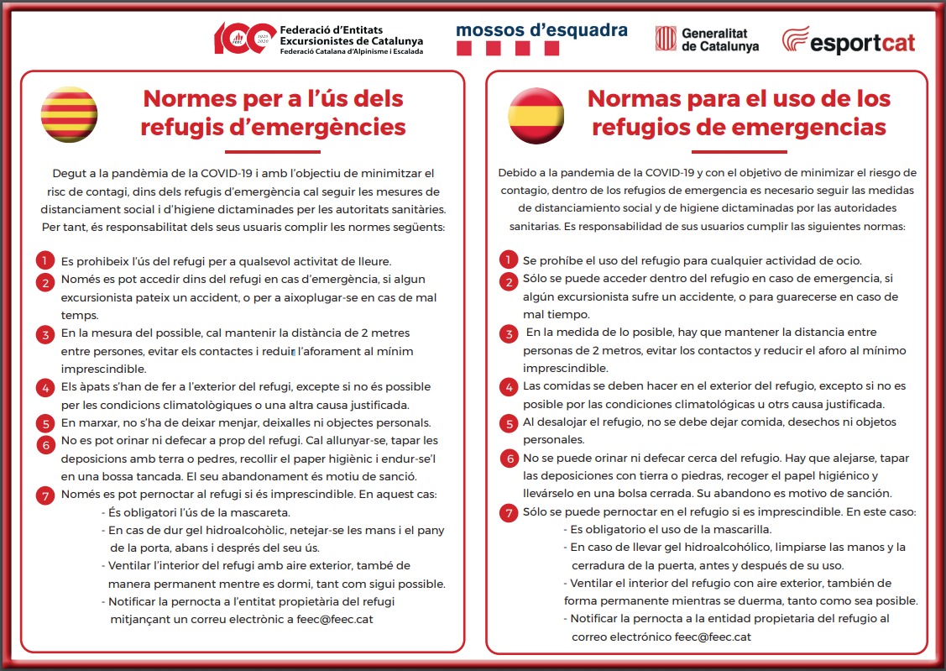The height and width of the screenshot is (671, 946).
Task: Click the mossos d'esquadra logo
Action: pos(541,39)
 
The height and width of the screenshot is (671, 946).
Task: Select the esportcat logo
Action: pos(848,40)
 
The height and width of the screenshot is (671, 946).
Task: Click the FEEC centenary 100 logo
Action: pos(244,39)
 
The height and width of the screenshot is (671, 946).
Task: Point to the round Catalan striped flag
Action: pos(70,115)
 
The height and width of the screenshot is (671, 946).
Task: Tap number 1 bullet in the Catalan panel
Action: pos(45,260)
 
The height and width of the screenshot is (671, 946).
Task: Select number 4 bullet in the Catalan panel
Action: pos(45,387)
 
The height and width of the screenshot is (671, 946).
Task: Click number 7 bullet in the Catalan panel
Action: pos(45,495)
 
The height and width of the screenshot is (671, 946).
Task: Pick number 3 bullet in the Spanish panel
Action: pos(508,334)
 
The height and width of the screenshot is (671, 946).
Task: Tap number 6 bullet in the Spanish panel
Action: pos(508,459)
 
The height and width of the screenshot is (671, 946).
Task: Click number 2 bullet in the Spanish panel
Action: pos(508,281)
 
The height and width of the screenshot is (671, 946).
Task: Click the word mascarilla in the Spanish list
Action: pos(735,529)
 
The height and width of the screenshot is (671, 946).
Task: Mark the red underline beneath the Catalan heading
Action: pos(274,152)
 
